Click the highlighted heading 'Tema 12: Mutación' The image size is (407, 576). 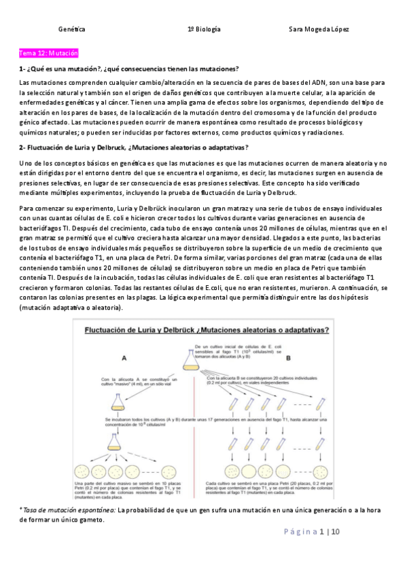click(x=49, y=53)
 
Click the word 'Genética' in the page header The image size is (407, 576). click(x=72, y=30)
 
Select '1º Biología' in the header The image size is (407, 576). click(x=204, y=30)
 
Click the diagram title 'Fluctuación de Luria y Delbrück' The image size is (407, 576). click(x=206, y=331)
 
